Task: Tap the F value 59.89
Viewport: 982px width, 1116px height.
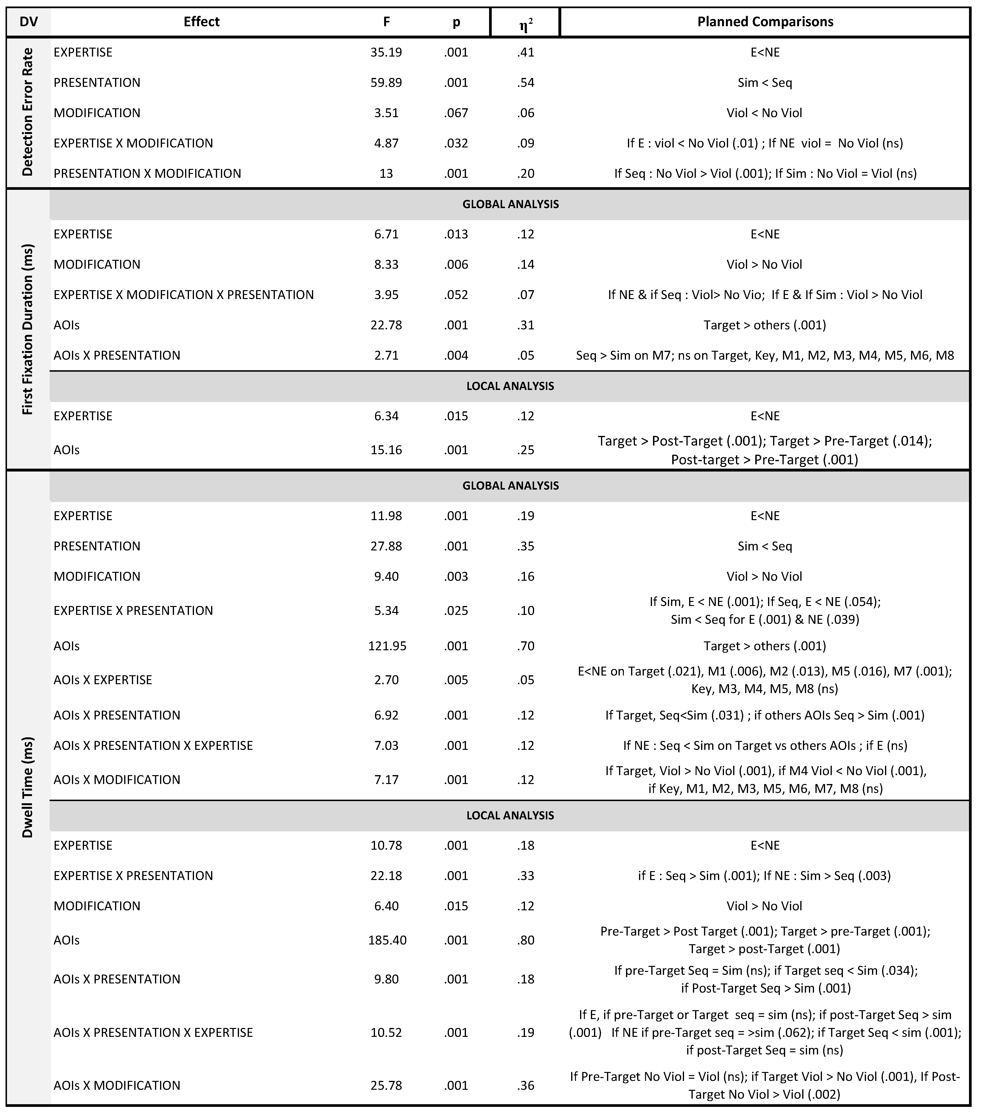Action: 386,83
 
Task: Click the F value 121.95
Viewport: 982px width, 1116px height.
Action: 387,646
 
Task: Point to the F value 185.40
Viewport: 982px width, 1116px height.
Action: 387,940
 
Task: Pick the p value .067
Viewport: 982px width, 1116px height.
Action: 456,113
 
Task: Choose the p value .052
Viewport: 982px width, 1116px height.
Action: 456,295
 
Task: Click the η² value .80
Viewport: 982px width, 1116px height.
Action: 525,940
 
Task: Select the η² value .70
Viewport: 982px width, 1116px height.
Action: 525,646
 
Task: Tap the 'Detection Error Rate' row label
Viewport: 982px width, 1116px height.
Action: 27,112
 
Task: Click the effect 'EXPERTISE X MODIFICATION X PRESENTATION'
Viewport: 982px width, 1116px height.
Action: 183,295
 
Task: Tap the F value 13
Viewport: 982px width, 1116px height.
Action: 386,174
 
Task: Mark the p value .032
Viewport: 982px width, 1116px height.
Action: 456,143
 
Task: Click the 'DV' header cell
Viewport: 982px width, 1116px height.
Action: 28,22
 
